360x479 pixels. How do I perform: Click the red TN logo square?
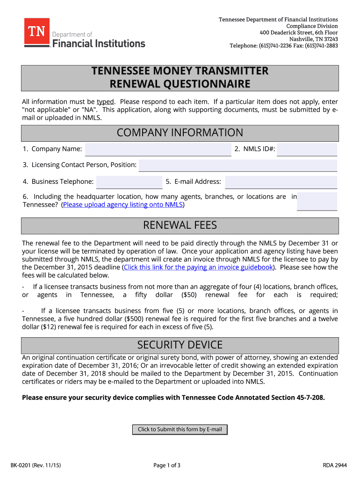coord(37,32)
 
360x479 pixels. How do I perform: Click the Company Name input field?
coord(158,150)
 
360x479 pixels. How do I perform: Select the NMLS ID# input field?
coord(307,150)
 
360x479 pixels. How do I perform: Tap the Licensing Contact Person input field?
coord(238,166)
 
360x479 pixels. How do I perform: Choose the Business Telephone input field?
coord(129,182)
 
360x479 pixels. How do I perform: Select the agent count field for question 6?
coord(317,201)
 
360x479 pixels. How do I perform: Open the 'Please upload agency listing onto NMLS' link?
coord(122,205)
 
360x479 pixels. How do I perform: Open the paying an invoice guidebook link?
coord(198,268)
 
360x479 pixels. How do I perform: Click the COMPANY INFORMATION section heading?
coord(180,133)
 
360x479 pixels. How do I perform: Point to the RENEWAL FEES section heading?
coord(180,225)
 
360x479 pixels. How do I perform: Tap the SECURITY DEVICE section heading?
coord(180,345)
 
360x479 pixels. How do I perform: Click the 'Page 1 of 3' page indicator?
coord(167,465)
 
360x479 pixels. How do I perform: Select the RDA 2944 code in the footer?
coord(335,465)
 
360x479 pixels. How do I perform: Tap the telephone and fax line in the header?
coord(283,46)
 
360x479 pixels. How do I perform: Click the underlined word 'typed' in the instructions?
coord(105,102)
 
